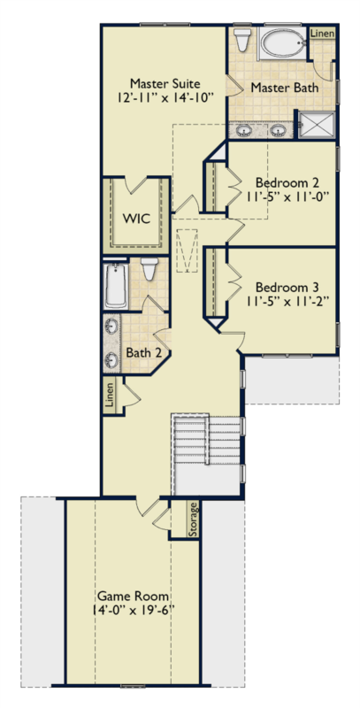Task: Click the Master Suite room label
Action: (x=165, y=83)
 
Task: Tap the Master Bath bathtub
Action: (x=282, y=43)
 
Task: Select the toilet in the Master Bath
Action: (x=242, y=40)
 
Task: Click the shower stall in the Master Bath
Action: (x=318, y=124)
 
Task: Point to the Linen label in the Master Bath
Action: (x=323, y=34)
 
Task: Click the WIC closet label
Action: (x=136, y=219)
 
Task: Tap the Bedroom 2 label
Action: (x=287, y=183)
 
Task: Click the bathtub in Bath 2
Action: (x=116, y=286)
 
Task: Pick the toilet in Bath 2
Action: (x=149, y=268)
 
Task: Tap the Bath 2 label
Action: (x=143, y=352)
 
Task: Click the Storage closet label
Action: (x=193, y=519)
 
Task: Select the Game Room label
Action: (x=134, y=596)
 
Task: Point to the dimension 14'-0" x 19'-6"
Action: (x=134, y=609)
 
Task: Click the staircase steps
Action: (x=208, y=440)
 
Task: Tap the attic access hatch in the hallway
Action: (x=187, y=250)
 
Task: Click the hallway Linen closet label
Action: (x=109, y=396)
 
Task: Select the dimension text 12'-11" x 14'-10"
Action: (x=165, y=97)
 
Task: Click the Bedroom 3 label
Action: (x=287, y=288)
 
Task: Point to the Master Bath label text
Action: (x=284, y=87)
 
